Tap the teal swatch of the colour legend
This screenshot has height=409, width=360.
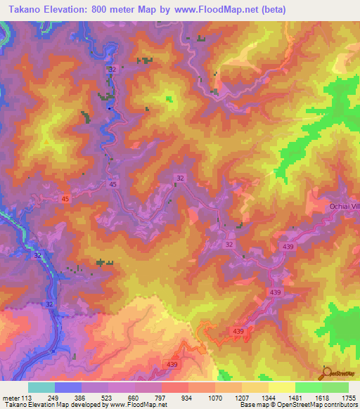click(x=41, y=387)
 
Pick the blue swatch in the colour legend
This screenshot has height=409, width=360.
click(x=68, y=387)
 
